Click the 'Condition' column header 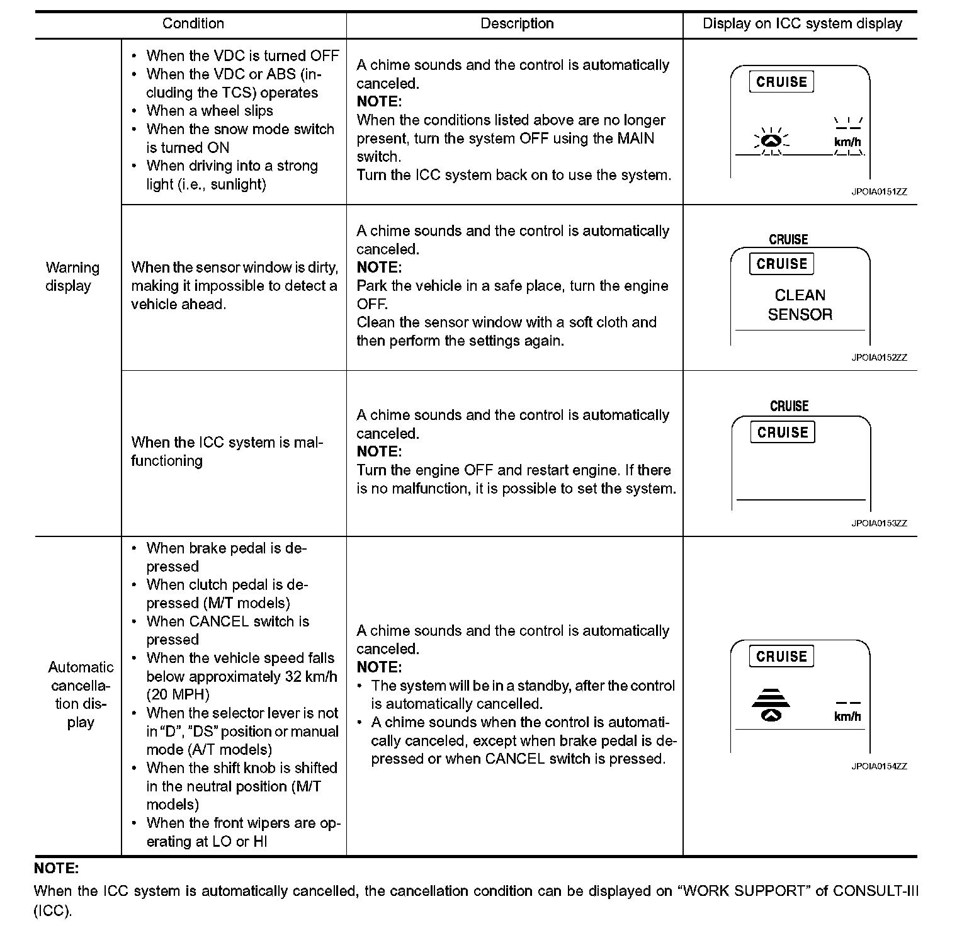(x=193, y=24)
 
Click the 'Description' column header (x=517, y=24)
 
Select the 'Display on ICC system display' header (x=802, y=24)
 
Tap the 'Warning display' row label (x=72, y=277)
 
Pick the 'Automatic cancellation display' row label (x=81, y=694)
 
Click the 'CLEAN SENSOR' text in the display (x=800, y=305)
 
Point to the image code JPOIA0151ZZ (x=879, y=192)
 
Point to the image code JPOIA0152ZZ (x=879, y=358)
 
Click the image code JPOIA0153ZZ (x=879, y=523)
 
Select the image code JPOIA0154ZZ (x=879, y=766)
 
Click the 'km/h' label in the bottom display (x=847, y=716)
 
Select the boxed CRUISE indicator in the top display (x=781, y=82)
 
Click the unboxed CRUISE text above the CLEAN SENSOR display (x=788, y=239)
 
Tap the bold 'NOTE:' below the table (x=56, y=869)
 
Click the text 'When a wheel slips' (x=210, y=111)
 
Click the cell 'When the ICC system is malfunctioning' (x=227, y=451)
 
